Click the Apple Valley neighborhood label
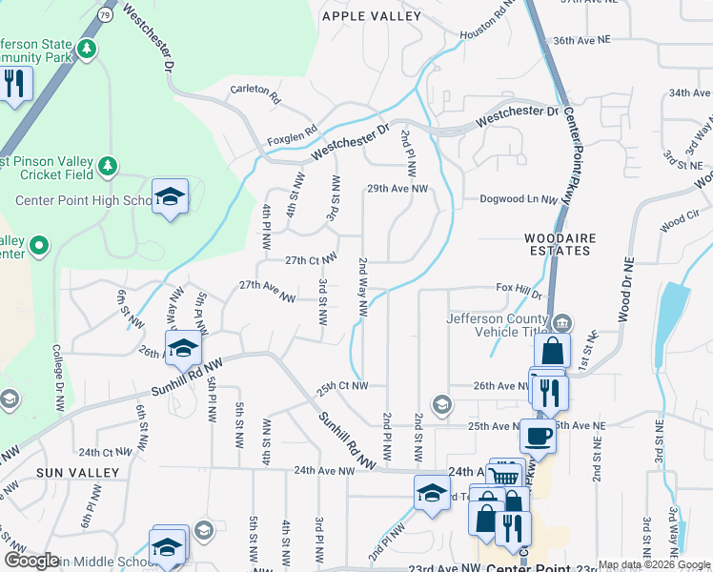click(371, 16)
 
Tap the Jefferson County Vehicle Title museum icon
click(562, 321)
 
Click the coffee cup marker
click(538, 436)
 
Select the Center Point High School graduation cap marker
click(171, 196)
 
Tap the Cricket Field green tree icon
click(108, 166)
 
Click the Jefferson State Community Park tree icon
click(87, 48)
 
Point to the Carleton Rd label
click(256, 92)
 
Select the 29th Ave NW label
click(401, 189)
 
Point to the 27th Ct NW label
click(311, 259)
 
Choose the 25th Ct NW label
click(341, 386)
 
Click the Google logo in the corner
click(31, 561)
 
